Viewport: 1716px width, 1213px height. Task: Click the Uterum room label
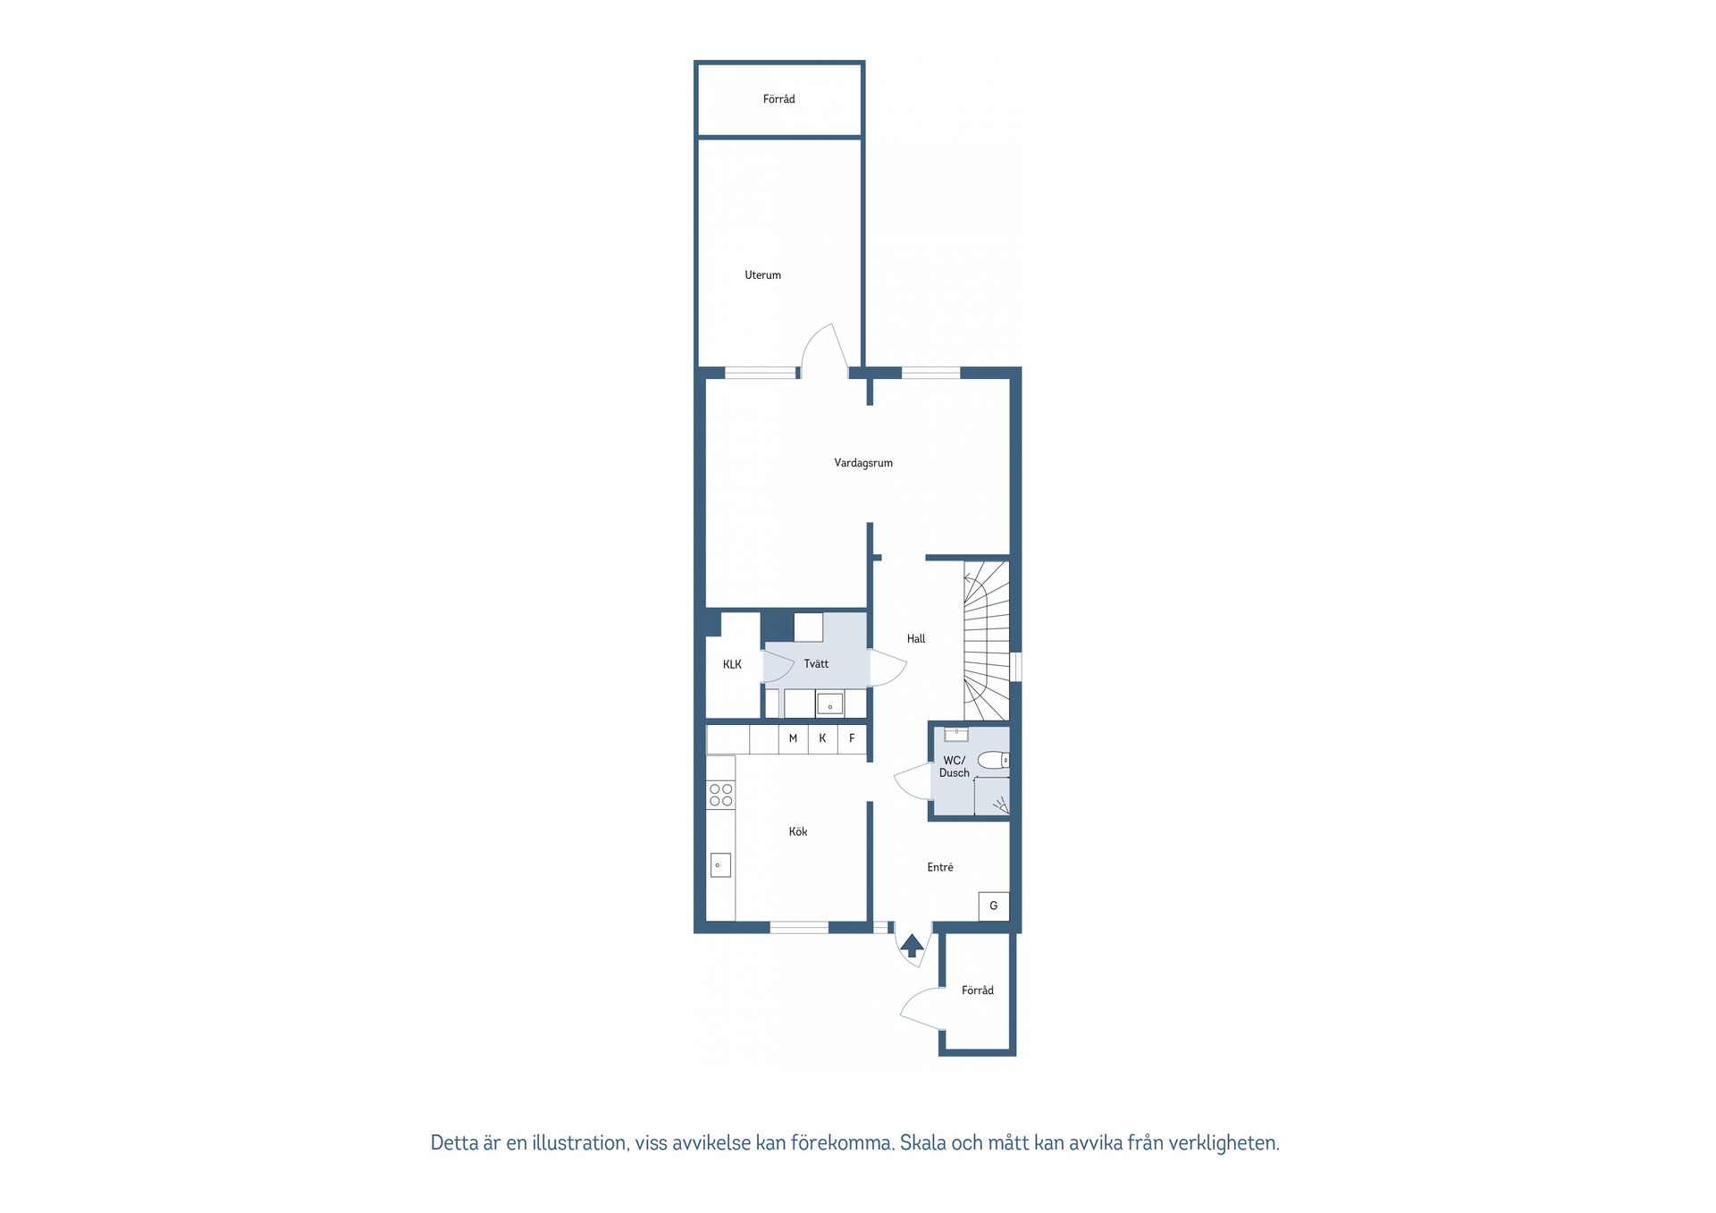pyautogui.click(x=762, y=275)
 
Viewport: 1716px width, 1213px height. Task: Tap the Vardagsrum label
pyautogui.click(x=862, y=463)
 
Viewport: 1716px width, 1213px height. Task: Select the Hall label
pyautogui.click(x=915, y=639)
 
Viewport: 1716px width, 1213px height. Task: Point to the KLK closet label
pyautogui.click(x=732, y=664)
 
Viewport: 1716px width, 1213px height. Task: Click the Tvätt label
pyautogui.click(x=815, y=664)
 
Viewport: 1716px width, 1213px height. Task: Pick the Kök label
pyautogui.click(x=797, y=832)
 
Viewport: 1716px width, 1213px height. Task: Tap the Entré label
pyautogui.click(x=939, y=867)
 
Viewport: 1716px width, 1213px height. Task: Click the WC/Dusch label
pyautogui.click(x=954, y=767)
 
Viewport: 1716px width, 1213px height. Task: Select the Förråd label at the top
pyautogui.click(x=778, y=99)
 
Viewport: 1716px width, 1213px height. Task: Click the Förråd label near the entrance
pyautogui.click(x=977, y=990)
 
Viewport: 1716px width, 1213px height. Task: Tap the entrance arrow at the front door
pyautogui.click(x=912, y=945)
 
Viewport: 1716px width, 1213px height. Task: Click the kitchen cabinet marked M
pyautogui.click(x=793, y=738)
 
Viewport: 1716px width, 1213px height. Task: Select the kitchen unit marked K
pyautogui.click(x=822, y=738)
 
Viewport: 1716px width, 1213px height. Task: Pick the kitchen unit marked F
pyautogui.click(x=852, y=738)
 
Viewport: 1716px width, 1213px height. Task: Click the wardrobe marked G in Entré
pyautogui.click(x=993, y=906)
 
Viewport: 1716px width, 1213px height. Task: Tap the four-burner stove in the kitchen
pyautogui.click(x=720, y=795)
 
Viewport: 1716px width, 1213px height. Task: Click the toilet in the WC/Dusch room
pyautogui.click(x=992, y=761)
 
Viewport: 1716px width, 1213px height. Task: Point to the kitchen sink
pyautogui.click(x=719, y=865)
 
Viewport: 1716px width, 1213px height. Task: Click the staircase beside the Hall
pyautogui.click(x=986, y=640)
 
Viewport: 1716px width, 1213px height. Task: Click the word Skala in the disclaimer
pyautogui.click(x=922, y=1143)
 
